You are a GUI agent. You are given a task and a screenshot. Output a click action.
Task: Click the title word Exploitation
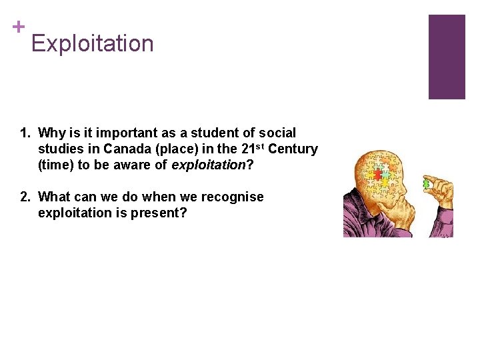pos(92,44)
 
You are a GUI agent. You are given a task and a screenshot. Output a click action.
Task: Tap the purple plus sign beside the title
pos(17,27)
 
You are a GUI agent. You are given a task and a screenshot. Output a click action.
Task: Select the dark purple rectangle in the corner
pos(446,57)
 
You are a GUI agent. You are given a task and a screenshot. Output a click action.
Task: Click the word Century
pos(293,149)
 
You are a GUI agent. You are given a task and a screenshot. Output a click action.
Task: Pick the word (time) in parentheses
pos(56,165)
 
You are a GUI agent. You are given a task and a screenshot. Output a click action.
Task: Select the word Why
pos(51,133)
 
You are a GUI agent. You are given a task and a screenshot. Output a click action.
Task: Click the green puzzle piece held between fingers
pos(426,183)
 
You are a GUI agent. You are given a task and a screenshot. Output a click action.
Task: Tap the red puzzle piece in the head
pos(377,174)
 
